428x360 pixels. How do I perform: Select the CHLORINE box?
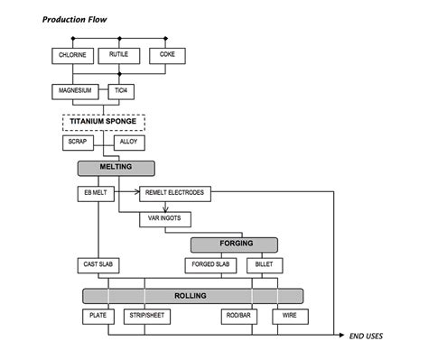(72, 55)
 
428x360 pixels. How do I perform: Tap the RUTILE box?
(119, 55)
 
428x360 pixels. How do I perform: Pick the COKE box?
(167, 55)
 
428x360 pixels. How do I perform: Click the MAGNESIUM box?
(77, 91)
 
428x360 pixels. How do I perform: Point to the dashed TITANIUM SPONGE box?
(104, 122)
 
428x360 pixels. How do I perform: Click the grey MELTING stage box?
(116, 168)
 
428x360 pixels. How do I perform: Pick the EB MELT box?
(96, 192)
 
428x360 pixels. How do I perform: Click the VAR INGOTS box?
(163, 218)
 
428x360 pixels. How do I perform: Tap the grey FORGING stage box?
(234, 244)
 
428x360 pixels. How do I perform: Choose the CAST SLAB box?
(98, 265)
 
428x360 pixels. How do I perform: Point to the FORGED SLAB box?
(209, 265)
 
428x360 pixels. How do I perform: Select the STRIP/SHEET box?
(145, 317)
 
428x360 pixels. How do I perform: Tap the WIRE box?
(290, 317)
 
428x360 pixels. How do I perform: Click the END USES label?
(367, 337)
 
